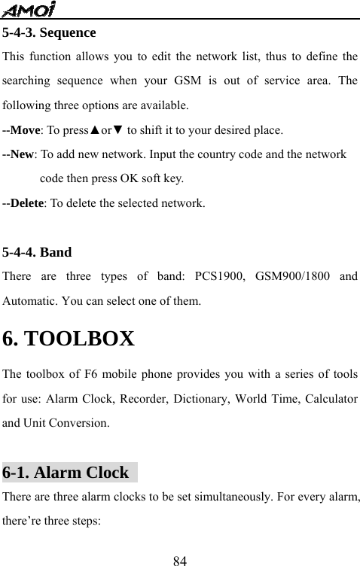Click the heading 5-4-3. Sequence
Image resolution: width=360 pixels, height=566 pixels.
(49, 33)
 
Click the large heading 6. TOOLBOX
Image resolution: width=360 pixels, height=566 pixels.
(69, 339)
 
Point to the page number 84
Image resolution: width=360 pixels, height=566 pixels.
(180, 560)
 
